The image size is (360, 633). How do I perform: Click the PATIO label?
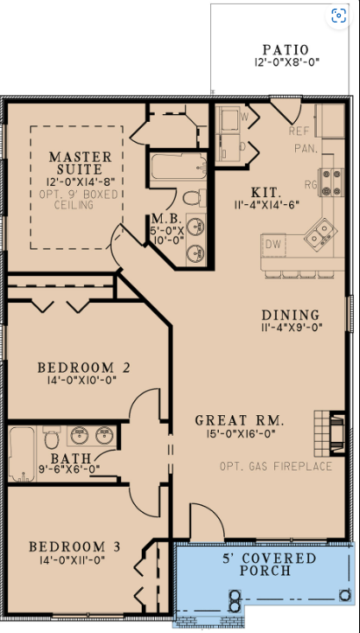pos(286,49)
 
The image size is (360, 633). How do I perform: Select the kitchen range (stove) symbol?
pos(331,182)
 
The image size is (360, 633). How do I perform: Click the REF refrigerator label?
pos(299,131)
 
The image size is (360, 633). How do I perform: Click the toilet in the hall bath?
pos(51,437)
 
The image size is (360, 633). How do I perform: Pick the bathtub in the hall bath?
pos(22,454)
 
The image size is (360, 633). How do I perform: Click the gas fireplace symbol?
pos(330,433)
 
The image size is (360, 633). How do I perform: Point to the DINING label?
pos(291,315)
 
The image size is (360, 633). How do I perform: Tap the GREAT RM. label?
pos(240,420)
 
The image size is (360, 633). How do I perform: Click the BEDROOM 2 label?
pos(84,368)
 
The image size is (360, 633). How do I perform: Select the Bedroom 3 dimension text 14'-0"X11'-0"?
pos(74,560)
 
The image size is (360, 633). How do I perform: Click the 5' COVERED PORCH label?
pos(269,565)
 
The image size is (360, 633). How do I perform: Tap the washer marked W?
pos(229,118)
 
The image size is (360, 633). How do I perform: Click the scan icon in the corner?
pos(338,16)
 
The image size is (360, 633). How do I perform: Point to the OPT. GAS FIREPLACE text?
pos(276,466)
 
